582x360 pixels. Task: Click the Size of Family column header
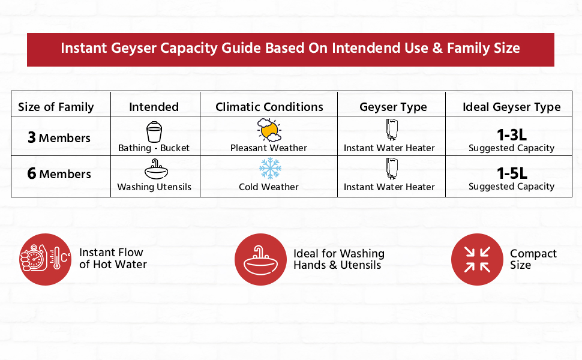coord(56,107)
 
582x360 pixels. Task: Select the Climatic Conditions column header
coord(269,107)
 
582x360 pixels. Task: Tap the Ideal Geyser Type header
coord(511,107)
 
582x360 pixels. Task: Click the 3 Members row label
coord(59,138)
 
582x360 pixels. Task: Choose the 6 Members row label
coord(59,174)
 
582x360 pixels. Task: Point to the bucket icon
coord(154,131)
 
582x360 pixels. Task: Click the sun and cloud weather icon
coord(269,130)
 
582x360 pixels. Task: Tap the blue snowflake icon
coord(269,168)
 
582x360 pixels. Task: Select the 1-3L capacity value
coord(511,135)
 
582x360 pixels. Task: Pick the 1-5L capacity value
coord(511,173)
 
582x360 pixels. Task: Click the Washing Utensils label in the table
coord(154,187)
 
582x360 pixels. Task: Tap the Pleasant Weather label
coord(269,148)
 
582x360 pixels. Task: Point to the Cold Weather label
coord(269,187)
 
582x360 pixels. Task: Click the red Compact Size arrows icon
coord(477,259)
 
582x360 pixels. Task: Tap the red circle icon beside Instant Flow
coord(45,259)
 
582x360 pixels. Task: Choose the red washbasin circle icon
coord(260,259)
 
